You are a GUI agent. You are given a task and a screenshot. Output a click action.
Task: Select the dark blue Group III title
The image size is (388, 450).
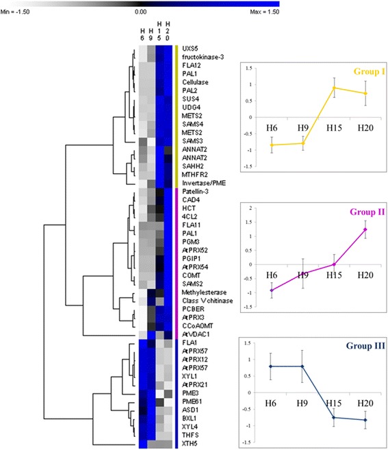tap(356, 346)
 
